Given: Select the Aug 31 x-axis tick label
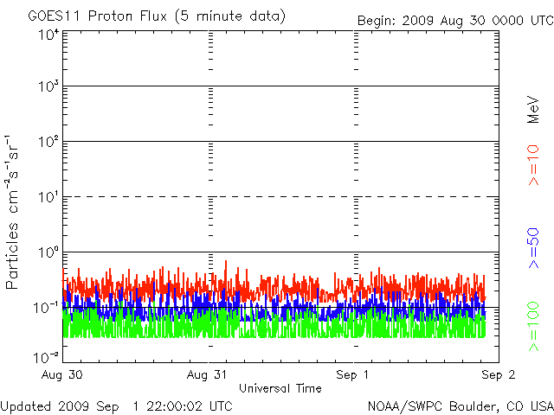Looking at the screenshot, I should click(x=209, y=374).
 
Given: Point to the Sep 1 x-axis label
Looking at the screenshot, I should click(x=353, y=374).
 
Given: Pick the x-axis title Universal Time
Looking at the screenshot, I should click(x=280, y=388).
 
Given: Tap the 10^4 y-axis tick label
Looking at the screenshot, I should click(x=48, y=35).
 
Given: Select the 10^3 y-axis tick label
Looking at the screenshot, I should click(x=48, y=86).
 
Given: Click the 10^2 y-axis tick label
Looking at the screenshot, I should click(x=48, y=141).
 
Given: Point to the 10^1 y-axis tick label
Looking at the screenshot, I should click(x=48, y=196).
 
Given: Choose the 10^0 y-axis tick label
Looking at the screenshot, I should click(x=48, y=252).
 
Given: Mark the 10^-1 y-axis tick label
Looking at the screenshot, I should click(x=47, y=307).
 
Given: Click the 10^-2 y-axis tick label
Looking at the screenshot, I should click(x=47, y=356).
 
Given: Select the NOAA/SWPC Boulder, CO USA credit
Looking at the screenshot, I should click(x=460, y=405).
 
